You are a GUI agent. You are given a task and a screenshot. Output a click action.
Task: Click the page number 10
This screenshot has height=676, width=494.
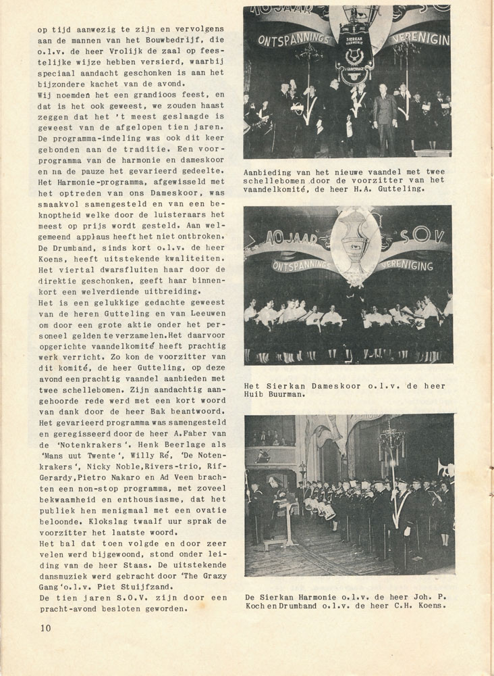pos(45,627)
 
